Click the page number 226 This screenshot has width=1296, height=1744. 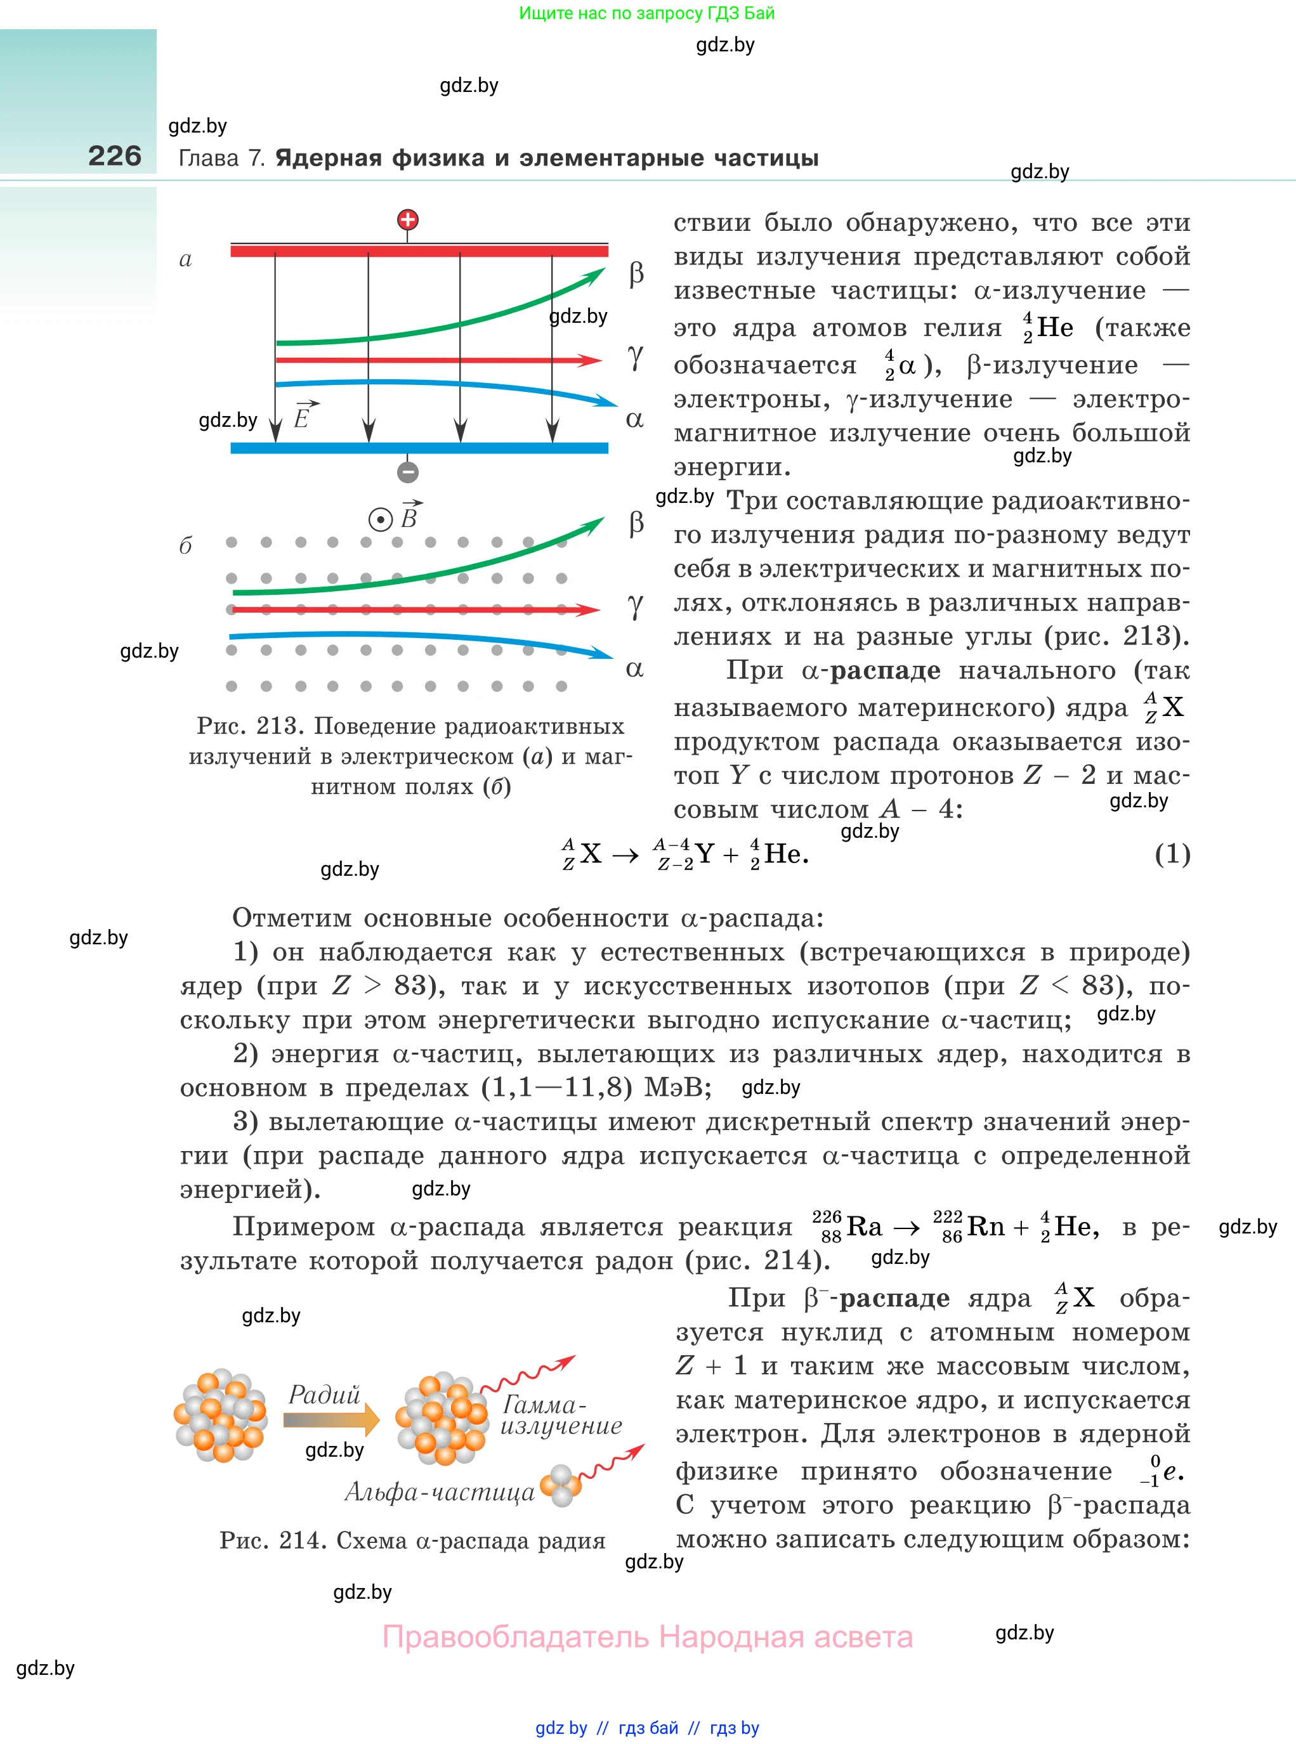115,156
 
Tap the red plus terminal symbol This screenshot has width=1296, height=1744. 407,220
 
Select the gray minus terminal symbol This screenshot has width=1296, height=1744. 407,472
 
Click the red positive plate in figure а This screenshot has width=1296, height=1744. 419,251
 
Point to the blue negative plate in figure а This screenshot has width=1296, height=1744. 419,448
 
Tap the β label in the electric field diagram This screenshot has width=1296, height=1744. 636,274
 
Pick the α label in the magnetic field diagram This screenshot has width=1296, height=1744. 634,669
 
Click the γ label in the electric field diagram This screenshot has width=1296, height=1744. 636,357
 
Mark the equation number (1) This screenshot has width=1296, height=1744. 1172,854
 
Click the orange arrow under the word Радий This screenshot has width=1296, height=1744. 331,1419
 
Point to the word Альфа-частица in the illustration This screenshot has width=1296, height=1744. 440,1492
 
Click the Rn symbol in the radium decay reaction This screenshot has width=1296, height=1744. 985,1227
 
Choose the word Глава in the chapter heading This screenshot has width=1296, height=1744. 209,159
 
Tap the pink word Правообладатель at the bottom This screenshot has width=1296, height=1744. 516,1637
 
